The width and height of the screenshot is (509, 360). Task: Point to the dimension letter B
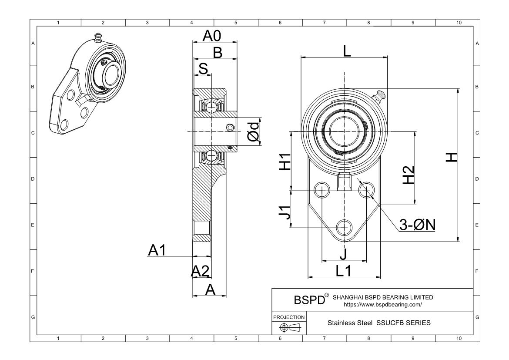217,53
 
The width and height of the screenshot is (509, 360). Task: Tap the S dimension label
203,68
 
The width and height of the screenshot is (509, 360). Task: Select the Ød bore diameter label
253,131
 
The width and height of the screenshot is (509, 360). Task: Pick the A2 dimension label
201,271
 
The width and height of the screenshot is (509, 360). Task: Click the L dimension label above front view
346,51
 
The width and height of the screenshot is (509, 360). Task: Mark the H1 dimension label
285,162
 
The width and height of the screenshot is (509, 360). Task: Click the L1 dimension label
343,271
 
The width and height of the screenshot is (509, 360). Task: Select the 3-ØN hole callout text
418,225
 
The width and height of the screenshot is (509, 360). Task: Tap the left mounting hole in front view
322,189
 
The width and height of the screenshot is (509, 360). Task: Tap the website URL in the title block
383,305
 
